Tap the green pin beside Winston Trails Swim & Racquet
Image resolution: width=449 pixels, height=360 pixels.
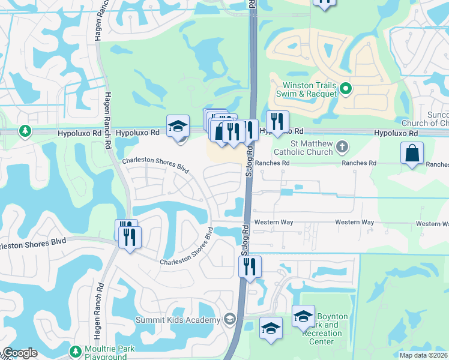[x=346, y=89]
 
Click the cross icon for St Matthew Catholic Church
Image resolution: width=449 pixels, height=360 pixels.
[x=342, y=146]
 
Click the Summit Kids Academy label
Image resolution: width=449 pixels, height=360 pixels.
[x=178, y=320]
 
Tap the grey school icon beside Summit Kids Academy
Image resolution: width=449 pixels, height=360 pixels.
[x=229, y=319]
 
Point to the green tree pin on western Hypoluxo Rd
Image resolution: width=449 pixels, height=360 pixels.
[x=25, y=131]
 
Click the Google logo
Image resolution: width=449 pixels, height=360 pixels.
[x=20, y=353]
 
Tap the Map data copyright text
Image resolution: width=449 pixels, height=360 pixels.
[x=423, y=355]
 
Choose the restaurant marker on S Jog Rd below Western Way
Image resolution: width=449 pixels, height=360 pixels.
[x=250, y=266]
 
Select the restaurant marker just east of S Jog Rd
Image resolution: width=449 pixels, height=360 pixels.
[x=277, y=122]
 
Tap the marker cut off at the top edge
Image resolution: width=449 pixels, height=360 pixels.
[x=324, y=2]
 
